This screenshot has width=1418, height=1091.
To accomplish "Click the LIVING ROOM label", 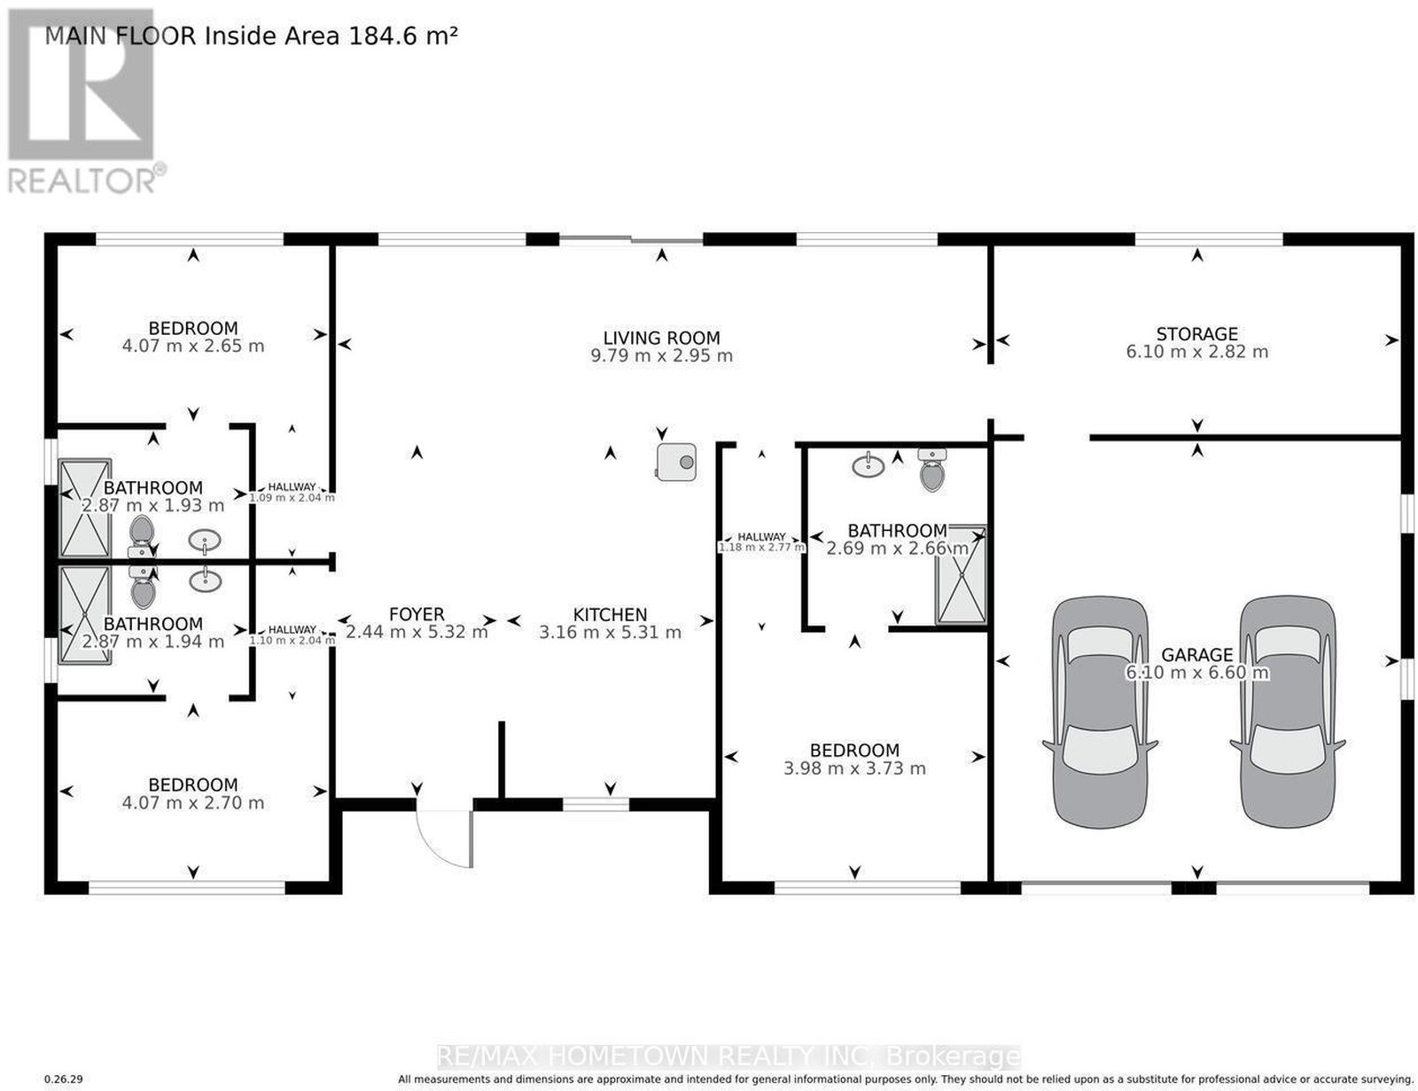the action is click(661, 338).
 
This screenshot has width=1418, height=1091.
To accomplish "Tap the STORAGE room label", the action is click(1196, 333).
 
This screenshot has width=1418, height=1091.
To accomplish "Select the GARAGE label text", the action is click(1196, 654).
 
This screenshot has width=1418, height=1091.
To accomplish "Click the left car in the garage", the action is click(1099, 712).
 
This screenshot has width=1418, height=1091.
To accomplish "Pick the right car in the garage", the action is click(1287, 712).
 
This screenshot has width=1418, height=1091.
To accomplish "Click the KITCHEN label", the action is click(610, 614).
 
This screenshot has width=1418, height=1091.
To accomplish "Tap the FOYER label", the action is click(417, 614).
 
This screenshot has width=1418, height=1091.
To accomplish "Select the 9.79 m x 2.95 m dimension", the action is click(661, 355).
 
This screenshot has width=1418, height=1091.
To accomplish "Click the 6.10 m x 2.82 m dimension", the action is click(1196, 352).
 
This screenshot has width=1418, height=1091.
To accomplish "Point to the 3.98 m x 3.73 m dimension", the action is click(854, 768).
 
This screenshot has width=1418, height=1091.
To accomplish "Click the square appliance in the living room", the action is click(676, 462).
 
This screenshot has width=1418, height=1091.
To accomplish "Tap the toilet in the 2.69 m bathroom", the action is click(931, 469).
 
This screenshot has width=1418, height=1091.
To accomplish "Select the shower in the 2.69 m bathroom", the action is click(961, 573).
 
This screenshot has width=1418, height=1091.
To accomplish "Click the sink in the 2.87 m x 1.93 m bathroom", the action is click(204, 540).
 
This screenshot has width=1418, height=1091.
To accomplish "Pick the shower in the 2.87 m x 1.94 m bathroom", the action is click(84, 615).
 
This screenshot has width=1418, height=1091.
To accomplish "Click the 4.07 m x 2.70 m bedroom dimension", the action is click(193, 802).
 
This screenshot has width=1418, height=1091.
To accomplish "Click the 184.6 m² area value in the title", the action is click(403, 35).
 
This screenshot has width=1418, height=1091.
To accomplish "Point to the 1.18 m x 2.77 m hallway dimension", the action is click(761, 547).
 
